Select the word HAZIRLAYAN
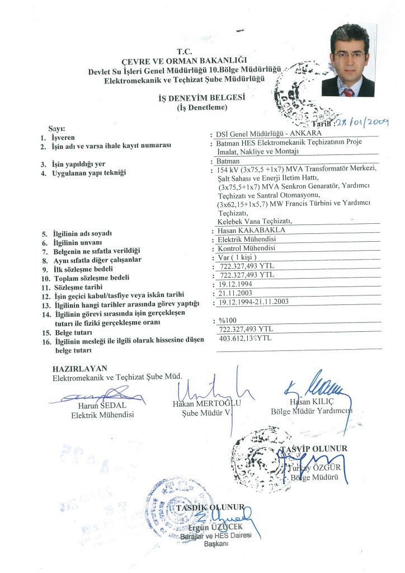tap(79, 369)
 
